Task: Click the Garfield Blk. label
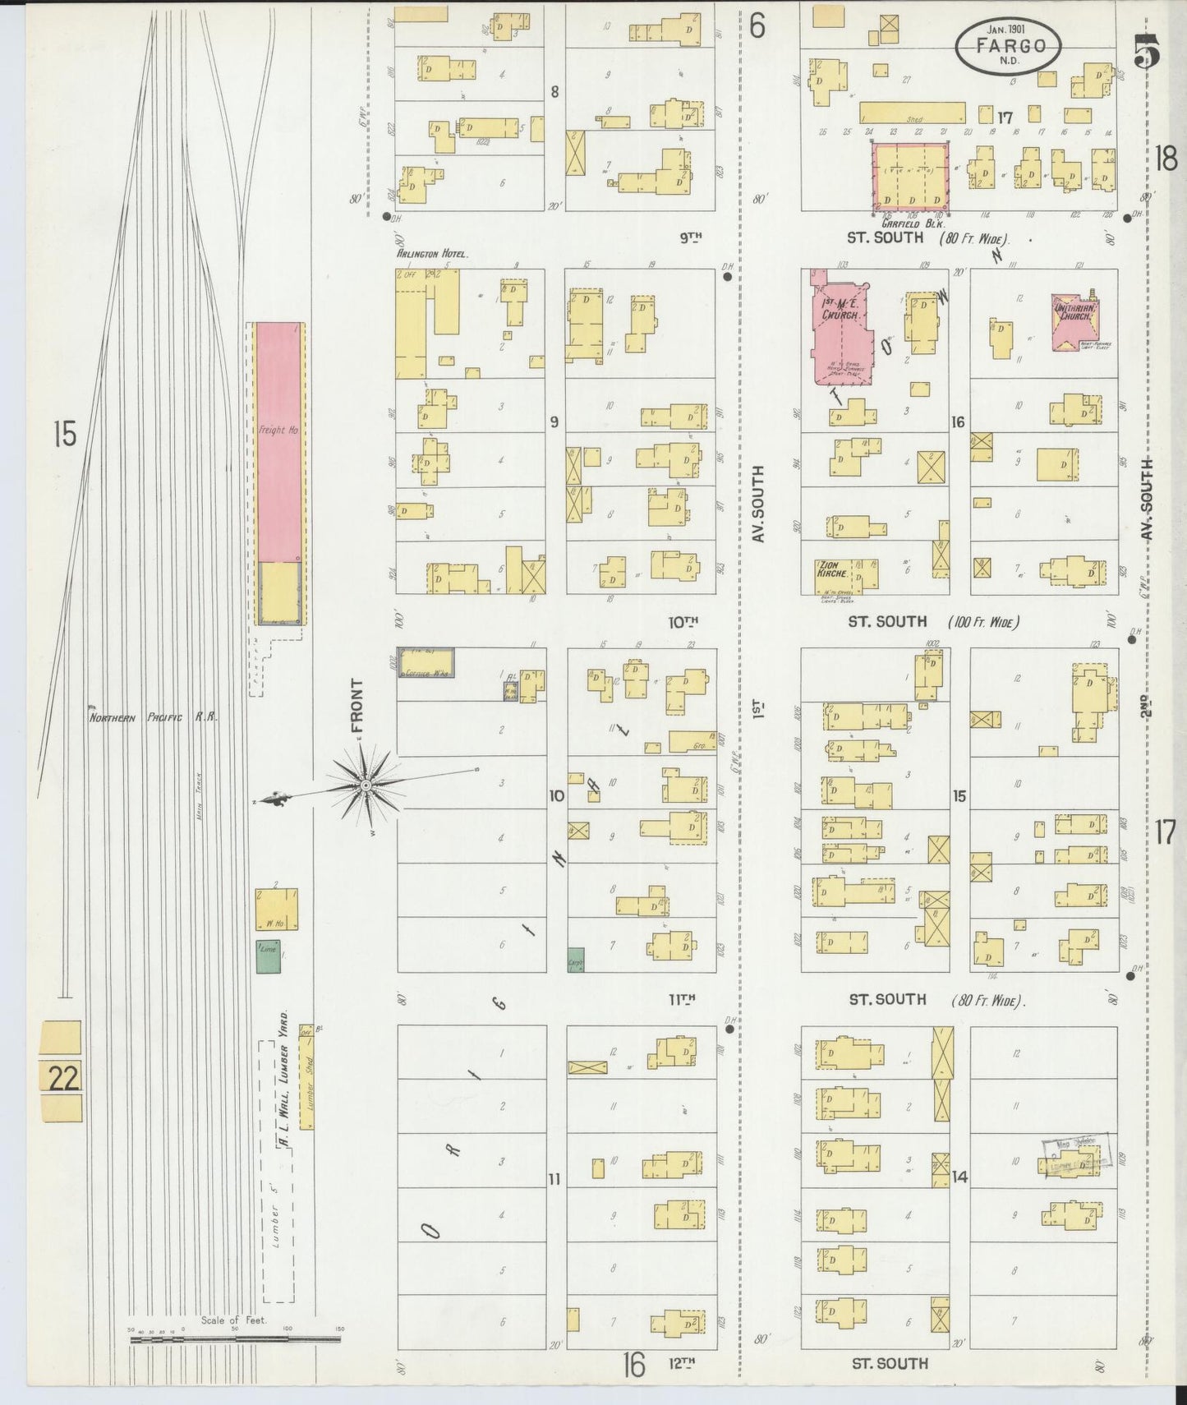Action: pos(913,223)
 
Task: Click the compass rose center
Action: pos(364,786)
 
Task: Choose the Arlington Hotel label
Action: pos(432,255)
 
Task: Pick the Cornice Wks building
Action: pos(426,662)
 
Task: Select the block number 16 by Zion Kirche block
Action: pos(958,422)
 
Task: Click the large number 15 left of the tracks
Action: pos(64,433)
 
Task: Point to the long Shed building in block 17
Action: pos(913,113)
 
